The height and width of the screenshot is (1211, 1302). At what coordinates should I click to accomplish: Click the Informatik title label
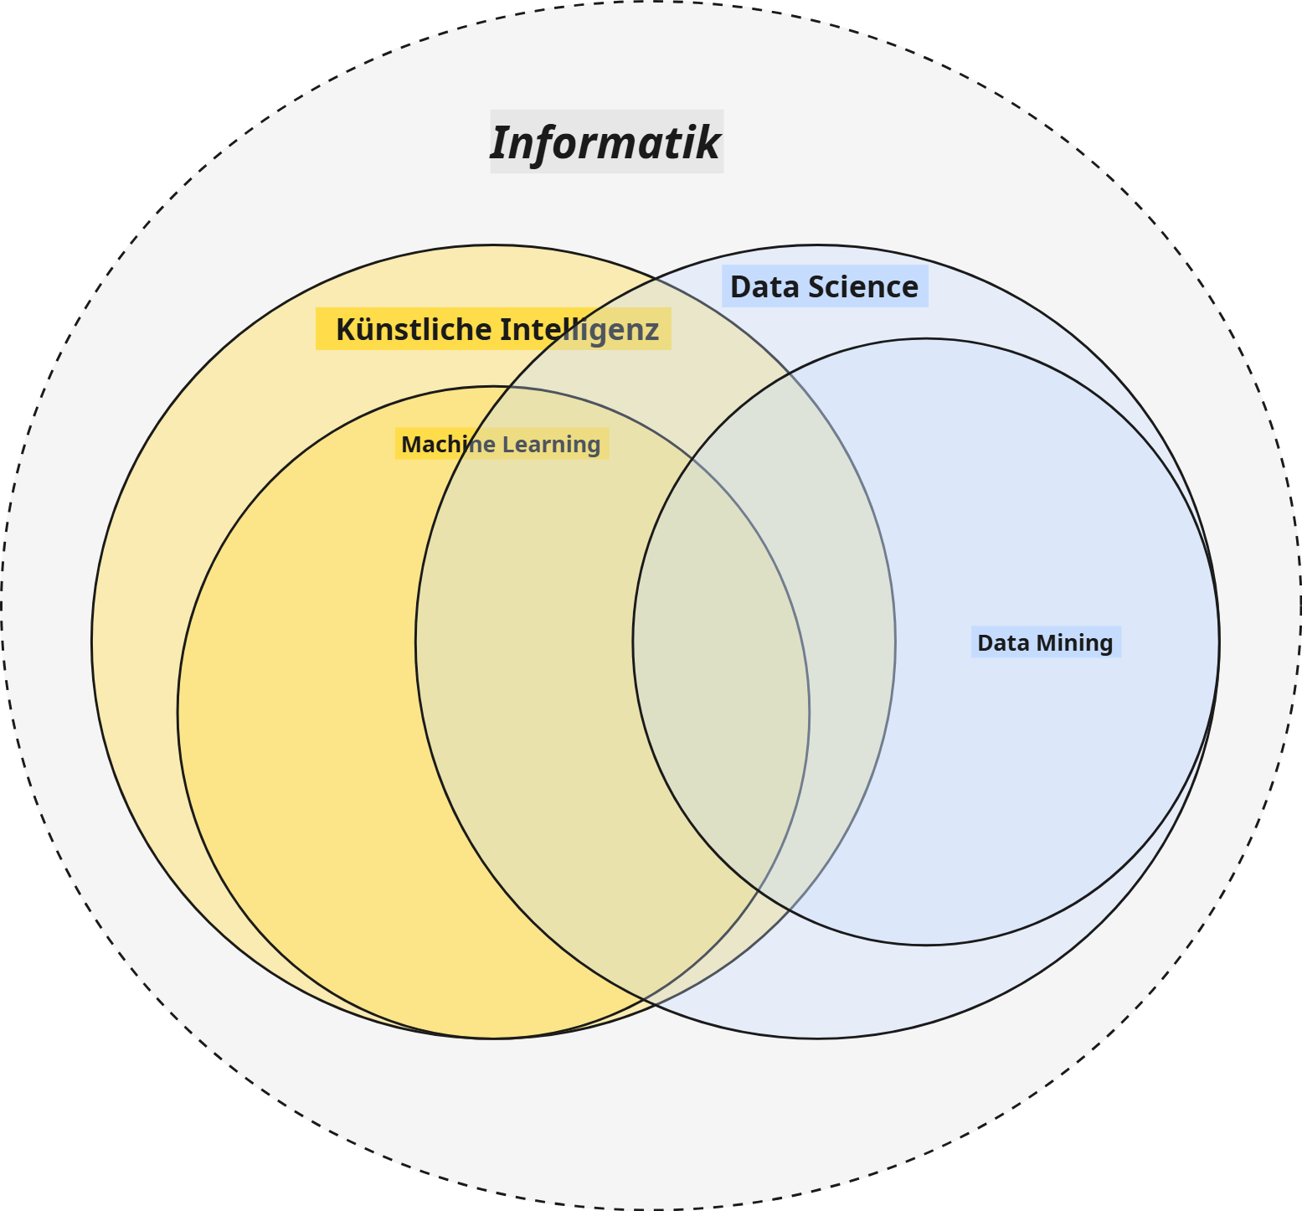pyautogui.click(x=605, y=142)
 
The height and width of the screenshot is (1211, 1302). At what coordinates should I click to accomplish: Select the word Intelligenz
pyautogui.click(x=579, y=329)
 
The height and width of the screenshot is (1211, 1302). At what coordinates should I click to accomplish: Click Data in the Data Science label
pyautogui.click(x=757, y=287)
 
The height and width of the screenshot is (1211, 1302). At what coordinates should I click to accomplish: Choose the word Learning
pyautogui.click(x=552, y=445)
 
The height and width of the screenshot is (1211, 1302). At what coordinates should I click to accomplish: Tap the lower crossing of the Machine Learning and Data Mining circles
pyautogui.click(x=759, y=888)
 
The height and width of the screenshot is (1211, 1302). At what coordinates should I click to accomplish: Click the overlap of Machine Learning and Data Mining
pyautogui.click(x=720, y=670)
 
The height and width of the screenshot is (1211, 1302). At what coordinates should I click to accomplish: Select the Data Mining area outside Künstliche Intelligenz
pyautogui.click(x=1047, y=754)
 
